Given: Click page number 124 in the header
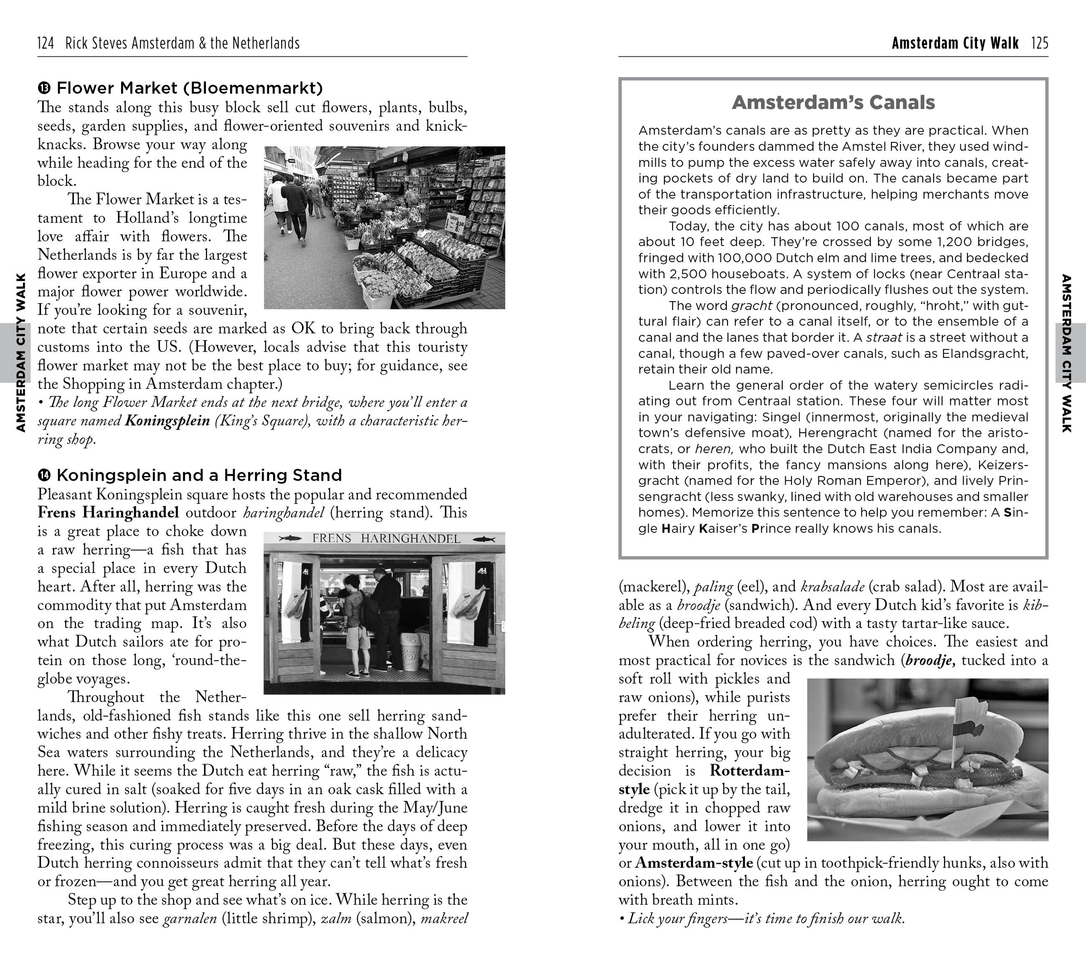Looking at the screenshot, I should pos(46,43).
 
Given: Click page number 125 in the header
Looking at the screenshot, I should pos(1040,43).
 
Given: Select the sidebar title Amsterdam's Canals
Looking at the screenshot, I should pos(833,102).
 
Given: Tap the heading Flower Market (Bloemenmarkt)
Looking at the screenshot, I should pos(190,88).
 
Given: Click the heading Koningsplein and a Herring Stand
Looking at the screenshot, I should pos(199,475).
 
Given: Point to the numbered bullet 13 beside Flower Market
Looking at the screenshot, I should pos(44,88).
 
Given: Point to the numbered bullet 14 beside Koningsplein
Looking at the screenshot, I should pos(44,475).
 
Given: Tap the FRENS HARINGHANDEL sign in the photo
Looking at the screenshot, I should pos(386,539).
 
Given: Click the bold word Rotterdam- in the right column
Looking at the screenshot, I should pos(750,770).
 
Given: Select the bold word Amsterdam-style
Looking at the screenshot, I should pos(693,863).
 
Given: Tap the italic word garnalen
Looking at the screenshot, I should pos(190,918).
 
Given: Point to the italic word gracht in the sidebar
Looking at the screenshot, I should pos(751,306).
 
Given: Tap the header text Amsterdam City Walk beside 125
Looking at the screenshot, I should pos(955,43).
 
